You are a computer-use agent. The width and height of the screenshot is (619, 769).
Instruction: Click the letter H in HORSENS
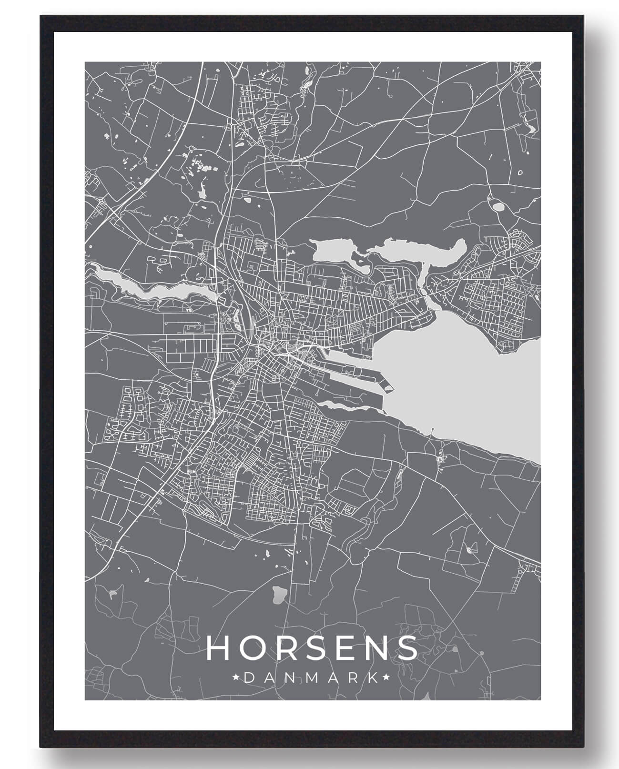[x=218, y=648]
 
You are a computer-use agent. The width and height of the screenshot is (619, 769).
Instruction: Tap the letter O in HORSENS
[x=250, y=648]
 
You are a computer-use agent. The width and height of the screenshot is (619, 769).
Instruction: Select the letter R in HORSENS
[x=282, y=648]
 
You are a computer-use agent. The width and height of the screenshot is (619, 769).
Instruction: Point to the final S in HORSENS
[x=406, y=648]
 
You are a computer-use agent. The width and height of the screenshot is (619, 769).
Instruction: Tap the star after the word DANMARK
[x=386, y=677]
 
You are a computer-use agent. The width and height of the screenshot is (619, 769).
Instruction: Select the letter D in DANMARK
[x=248, y=677]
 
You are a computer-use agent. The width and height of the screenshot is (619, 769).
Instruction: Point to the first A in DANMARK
[x=269, y=677]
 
